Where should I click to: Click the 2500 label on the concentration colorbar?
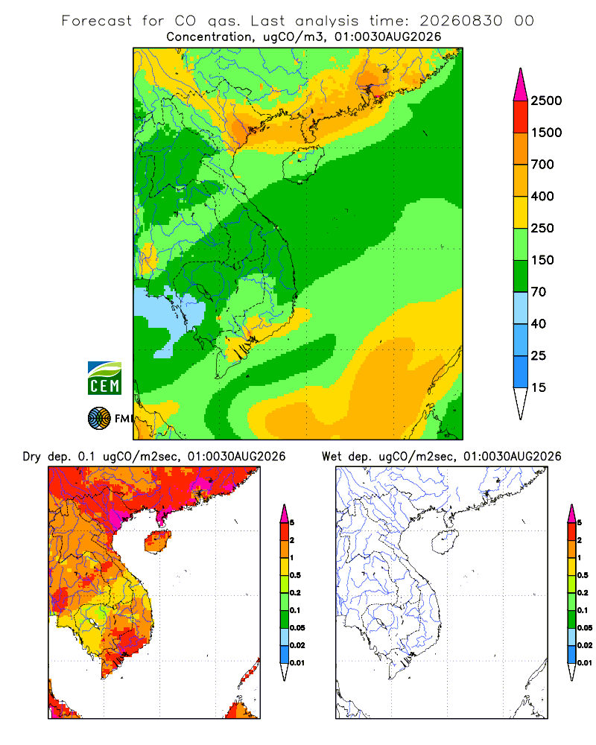click(x=546, y=101)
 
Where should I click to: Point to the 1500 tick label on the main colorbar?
click(x=546, y=133)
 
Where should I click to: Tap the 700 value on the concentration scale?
click(x=542, y=165)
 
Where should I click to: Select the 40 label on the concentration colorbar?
click(x=538, y=324)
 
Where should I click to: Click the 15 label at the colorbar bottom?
click(x=538, y=387)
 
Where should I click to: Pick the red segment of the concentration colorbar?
click(x=521, y=117)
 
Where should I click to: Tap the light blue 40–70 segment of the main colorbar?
click(x=521, y=308)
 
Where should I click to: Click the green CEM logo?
click(x=104, y=378)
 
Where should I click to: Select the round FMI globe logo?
click(x=99, y=419)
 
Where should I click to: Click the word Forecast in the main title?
click(x=97, y=21)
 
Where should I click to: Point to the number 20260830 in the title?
click(x=461, y=21)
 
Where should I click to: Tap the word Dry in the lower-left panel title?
click(x=32, y=457)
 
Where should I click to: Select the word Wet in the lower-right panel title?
click(x=332, y=457)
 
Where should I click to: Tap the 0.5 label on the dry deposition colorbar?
click(x=295, y=575)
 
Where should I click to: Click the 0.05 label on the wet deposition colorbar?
click(x=585, y=628)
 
